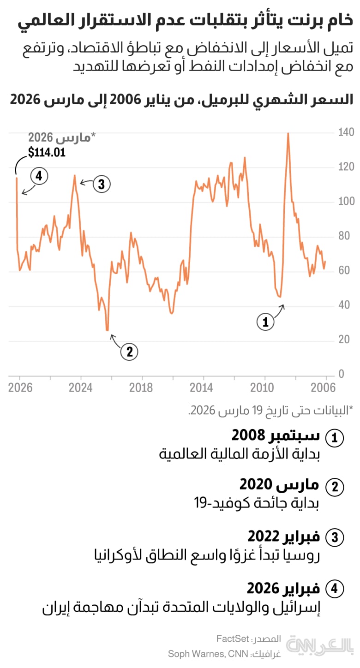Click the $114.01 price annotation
click(x=46, y=152)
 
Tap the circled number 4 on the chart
click(x=39, y=176)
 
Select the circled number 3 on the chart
click(x=102, y=185)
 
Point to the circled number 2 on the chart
click(x=129, y=352)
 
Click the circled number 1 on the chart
click(x=265, y=322)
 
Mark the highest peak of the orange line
click(x=288, y=133)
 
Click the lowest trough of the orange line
click(x=107, y=330)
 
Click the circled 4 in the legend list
click(x=335, y=589)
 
